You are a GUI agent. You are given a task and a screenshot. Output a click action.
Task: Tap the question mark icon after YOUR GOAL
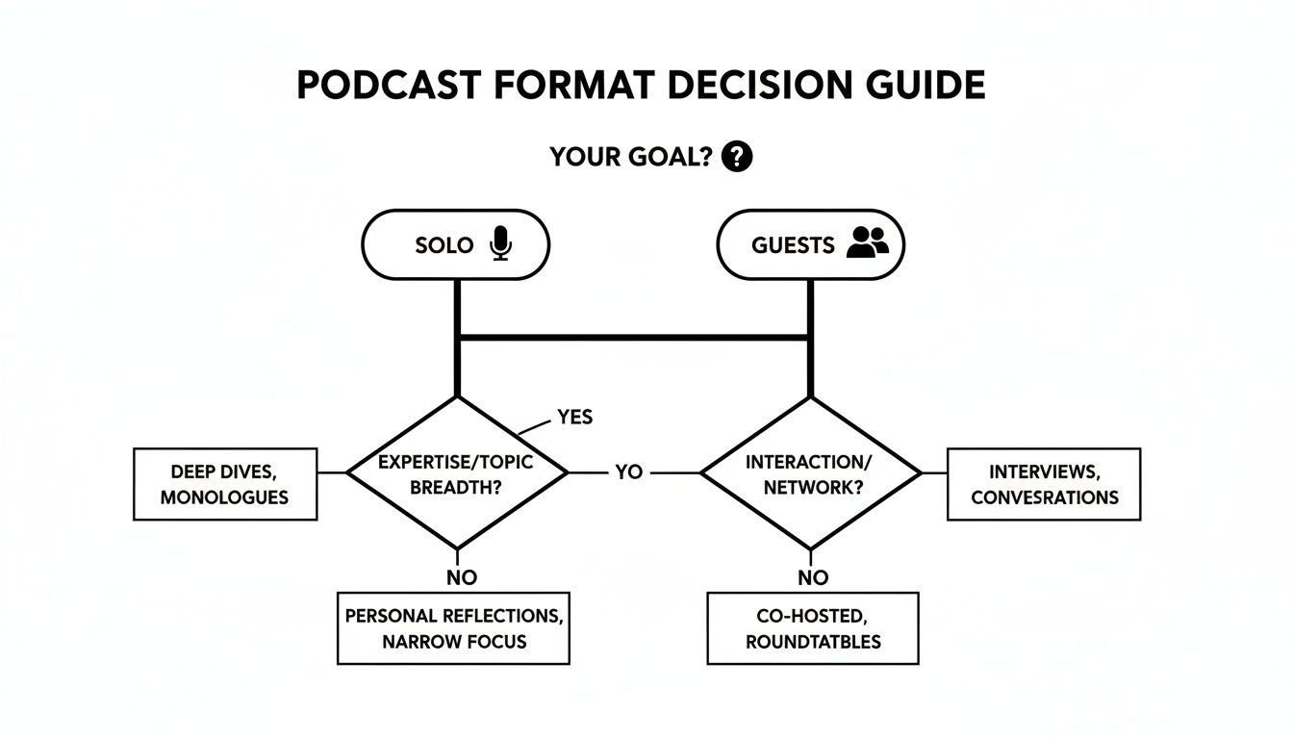click(736, 156)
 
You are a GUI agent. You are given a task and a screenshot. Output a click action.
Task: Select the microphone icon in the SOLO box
click(500, 243)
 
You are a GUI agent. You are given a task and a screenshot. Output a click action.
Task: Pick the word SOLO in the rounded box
click(444, 245)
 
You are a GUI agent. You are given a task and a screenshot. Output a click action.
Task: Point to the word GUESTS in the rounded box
click(793, 245)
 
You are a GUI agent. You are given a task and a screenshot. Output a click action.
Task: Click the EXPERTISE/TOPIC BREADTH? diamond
click(457, 473)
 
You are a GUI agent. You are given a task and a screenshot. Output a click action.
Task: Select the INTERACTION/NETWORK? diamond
click(810, 473)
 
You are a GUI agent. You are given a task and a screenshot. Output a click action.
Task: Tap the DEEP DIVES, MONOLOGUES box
click(225, 484)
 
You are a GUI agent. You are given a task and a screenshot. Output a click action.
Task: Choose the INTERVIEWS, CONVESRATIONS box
click(1044, 484)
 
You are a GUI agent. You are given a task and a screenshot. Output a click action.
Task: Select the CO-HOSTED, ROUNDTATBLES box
click(813, 628)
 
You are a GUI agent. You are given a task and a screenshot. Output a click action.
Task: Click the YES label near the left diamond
click(574, 417)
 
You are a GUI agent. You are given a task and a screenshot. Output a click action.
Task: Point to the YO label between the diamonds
click(628, 473)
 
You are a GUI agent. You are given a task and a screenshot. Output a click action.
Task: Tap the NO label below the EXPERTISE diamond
click(461, 577)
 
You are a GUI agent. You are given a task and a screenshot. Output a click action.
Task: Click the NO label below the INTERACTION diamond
click(813, 577)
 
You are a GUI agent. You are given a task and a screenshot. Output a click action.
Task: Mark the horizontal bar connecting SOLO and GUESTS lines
click(633, 337)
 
